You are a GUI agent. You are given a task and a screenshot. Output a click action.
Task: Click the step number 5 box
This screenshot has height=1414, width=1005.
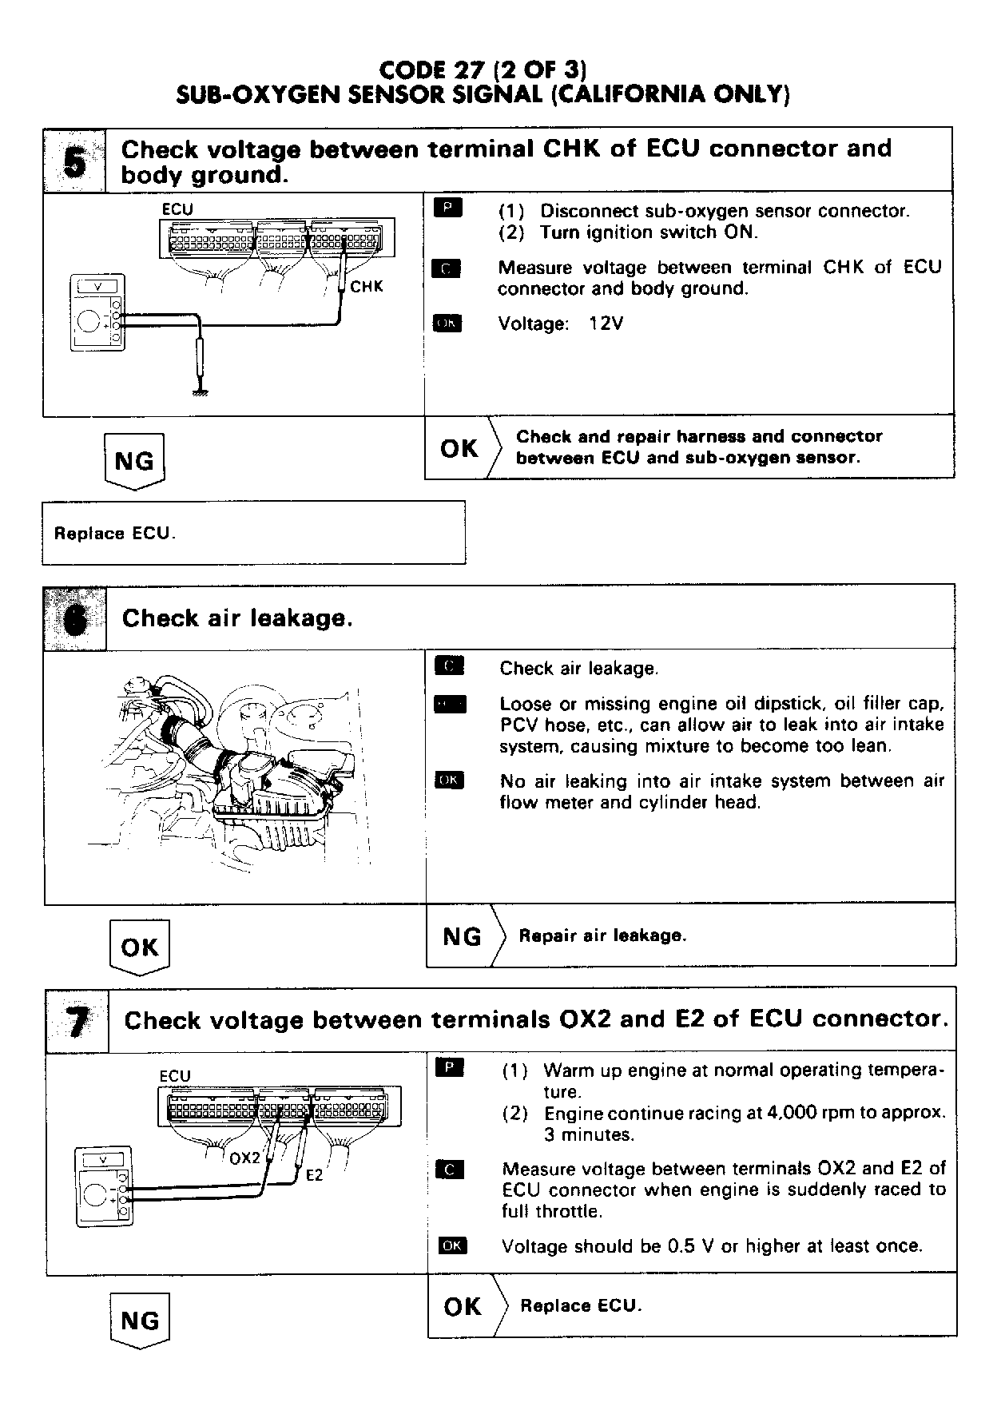73,161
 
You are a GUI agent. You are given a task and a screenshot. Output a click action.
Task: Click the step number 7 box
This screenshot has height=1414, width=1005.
77,1020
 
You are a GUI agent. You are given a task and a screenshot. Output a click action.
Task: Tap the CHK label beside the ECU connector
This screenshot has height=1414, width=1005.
367,286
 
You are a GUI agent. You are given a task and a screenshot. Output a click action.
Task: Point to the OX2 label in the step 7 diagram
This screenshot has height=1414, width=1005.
244,1158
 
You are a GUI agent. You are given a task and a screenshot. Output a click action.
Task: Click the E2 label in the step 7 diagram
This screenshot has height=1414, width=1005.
315,1175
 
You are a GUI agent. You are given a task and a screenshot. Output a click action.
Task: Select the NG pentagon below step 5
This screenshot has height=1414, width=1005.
134,461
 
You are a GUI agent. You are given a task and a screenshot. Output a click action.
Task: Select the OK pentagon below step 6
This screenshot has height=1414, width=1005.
139,947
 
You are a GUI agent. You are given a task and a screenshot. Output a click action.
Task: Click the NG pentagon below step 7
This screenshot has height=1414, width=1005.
140,1321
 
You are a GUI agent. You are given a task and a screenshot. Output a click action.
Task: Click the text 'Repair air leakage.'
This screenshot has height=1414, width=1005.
602,935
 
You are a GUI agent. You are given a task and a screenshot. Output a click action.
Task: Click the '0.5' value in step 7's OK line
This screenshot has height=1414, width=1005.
678,1246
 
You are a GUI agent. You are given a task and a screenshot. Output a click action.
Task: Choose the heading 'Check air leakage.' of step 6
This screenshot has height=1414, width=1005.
236,618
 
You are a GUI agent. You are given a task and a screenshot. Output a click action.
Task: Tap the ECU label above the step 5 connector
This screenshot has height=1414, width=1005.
177,209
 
